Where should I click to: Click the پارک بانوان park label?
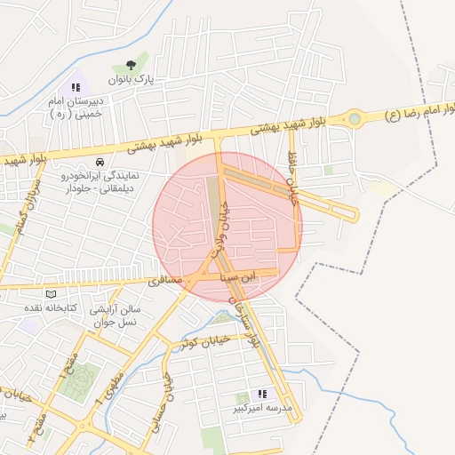pos(132,79)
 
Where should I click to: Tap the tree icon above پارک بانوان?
pos(132,63)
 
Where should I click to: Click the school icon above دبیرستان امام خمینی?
pos(76,87)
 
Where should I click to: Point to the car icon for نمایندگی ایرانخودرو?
pos(99,163)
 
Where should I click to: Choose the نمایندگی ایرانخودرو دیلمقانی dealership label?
pos(97,181)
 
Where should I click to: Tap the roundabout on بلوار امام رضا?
pos(355,117)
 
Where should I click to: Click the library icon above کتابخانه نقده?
pos(51,293)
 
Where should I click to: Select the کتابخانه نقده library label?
pos(51,307)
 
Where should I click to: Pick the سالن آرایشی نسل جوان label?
pos(116,315)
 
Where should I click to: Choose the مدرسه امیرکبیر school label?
pos(262,409)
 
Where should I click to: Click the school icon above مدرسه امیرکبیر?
pos(262,394)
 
